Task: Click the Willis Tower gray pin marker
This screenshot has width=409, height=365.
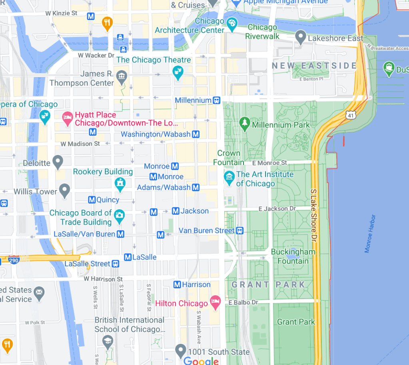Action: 64,190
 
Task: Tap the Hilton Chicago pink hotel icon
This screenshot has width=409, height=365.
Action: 215,302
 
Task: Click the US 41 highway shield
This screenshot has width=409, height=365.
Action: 351,115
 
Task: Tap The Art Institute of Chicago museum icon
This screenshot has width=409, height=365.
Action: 229,178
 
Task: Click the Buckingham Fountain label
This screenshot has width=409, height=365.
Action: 293,256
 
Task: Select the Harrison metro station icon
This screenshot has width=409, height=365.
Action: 177,285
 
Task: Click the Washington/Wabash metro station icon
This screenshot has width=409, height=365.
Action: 196,134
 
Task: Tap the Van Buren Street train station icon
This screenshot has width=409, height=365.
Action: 239,230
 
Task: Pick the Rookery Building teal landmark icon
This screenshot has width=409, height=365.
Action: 120,184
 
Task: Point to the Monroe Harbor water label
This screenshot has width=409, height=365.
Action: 370,234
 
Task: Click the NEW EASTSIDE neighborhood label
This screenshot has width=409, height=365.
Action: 314,65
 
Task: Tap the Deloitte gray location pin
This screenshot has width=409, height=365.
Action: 58,162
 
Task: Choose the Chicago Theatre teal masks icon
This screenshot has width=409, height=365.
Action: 177,72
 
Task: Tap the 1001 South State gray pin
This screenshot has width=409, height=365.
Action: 181,351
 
